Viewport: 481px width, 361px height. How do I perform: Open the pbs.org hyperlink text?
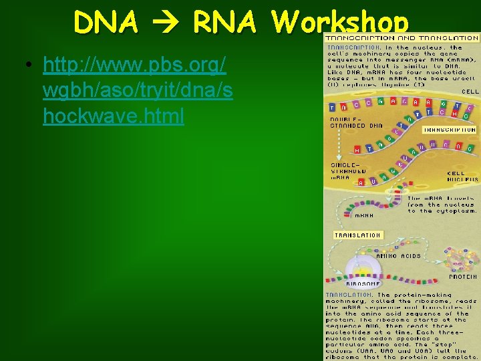(x=137, y=90)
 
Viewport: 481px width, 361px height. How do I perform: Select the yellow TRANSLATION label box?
(x=359, y=235)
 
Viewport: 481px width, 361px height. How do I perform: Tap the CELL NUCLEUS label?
(x=462, y=176)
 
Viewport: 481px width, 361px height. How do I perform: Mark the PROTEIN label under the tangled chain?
(x=462, y=277)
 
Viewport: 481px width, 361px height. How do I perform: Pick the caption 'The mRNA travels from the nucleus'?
(x=442, y=205)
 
